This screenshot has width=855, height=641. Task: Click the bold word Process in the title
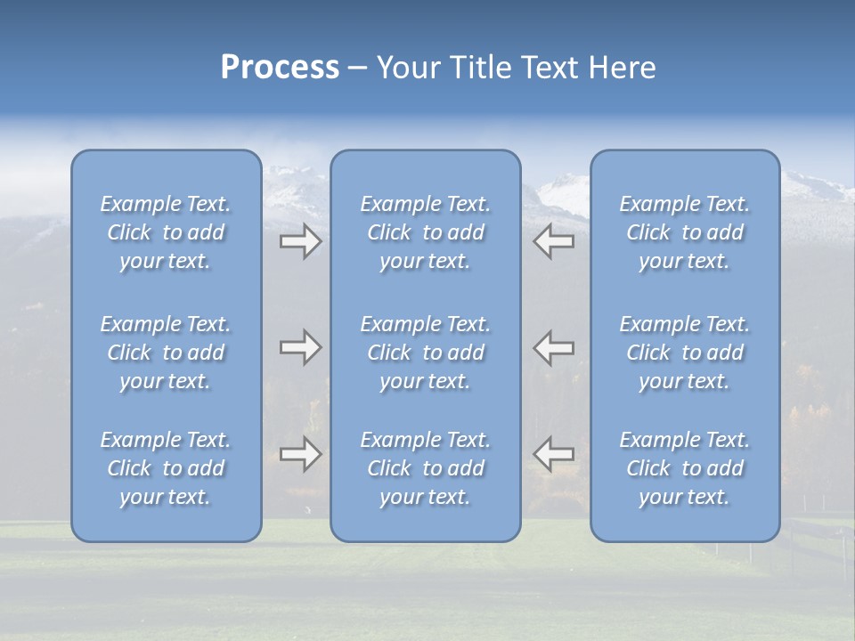pyautogui.click(x=280, y=68)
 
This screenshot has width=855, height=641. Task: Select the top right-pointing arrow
pyautogui.click(x=300, y=241)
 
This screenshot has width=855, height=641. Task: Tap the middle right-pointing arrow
pyautogui.click(x=300, y=347)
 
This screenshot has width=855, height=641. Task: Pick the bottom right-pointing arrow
pyautogui.click(x=300, y=454)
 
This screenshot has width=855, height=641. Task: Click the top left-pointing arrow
pyautogui.click(x=553, y=241)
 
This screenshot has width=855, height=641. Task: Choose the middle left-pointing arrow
pyautogui.click(x=553, y=347)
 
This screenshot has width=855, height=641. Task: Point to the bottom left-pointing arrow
pyautogui.click(x=553, y=454)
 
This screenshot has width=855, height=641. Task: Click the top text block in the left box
pyautogui.click(x=166, y=232)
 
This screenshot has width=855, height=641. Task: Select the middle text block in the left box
pyautogui.click(x=166, y=353)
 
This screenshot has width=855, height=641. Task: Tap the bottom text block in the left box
pyautogui.click(x=166, y=468)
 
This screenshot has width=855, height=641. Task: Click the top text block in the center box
pyautogui.click(x=426, y=232)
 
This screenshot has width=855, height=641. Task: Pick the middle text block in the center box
pyautogui.click(x=426, y=353)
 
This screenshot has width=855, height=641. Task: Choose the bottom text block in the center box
pyautogui.click(x=426, y=468)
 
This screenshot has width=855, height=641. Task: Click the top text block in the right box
pyautogui.click(x=685, y=232)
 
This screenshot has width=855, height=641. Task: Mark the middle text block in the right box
pyautogui.click(x=685, y=353)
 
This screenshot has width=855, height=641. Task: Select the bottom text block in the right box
pyautogui.click(x=685, y=468)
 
